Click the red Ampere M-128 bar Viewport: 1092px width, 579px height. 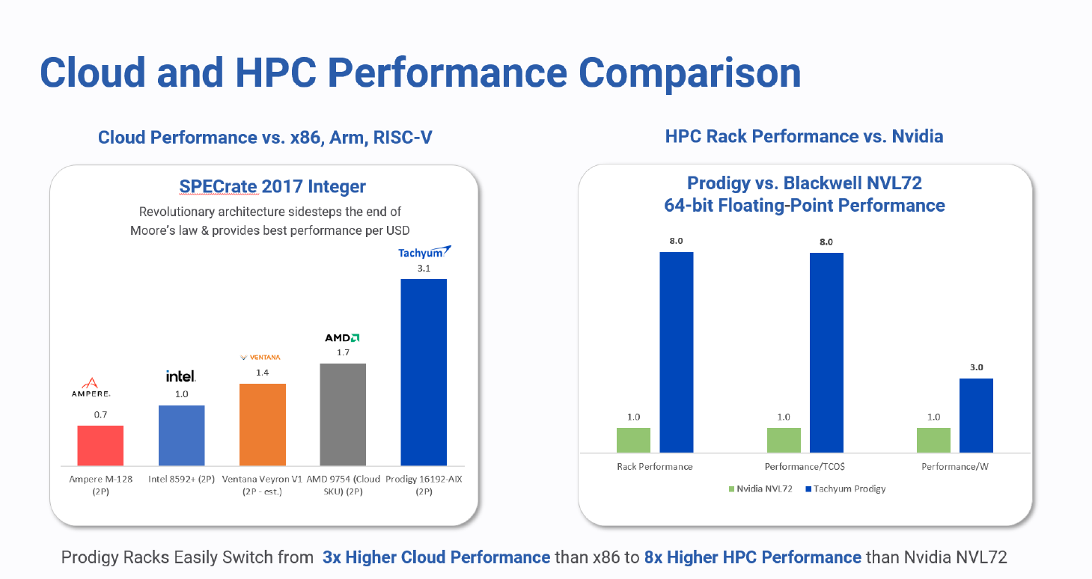[100, 445]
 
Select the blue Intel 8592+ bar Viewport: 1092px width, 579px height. [181, 435]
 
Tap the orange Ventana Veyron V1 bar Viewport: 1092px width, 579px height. [262, 424]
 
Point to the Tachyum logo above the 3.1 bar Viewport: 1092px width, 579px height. [424, 252]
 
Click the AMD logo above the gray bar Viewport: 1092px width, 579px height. [342, 337]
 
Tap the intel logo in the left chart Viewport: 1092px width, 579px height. [181, 376]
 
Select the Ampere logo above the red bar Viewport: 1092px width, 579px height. [92, 387]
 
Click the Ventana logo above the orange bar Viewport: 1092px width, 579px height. [260, 357]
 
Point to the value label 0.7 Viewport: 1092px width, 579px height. [100, 413]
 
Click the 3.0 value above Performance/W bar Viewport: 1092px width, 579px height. [976, 367]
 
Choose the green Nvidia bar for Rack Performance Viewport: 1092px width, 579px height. [633, 440]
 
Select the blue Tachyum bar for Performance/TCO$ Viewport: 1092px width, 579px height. [826, 352]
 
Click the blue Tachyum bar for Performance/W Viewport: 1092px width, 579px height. [976, 415]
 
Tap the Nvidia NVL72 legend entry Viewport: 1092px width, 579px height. [760, 488]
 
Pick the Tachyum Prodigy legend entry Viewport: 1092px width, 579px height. [846, 488]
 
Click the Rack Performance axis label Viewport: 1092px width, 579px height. [655, 467]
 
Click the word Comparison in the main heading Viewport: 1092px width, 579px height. [689, 73]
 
